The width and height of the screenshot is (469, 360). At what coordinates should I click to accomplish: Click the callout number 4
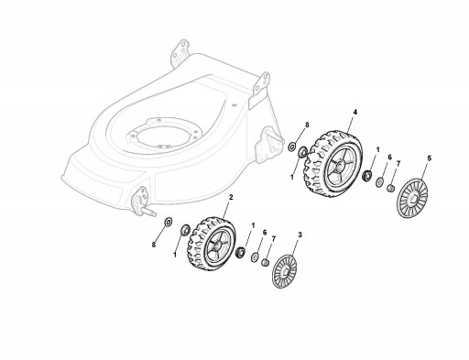pyautogui.click(x=354, y=112)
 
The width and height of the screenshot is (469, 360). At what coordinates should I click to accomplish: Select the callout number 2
pyautogui.click(x=231, y=197)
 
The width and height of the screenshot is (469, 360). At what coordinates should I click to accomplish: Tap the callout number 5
pyautogui.click(x=430, y=158)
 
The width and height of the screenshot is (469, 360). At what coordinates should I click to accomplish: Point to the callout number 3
pyautogui.click(x=300, y=235)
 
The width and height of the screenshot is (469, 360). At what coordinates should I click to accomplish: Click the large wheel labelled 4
pyautogui.click(x=333, y=164)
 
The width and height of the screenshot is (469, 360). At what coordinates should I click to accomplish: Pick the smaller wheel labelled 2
pyautogui.click(x=211, y=244)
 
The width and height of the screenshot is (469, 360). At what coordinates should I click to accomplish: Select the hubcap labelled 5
pyautogui.click(x=411, y=198)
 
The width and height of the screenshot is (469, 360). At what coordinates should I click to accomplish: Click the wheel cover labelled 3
pyautogui.click(x=284, y=271)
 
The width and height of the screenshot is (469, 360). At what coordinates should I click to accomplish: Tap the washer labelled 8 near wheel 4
pyautogui.click(x=292, y=147)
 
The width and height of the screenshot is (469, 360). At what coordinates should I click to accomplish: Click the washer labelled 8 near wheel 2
pyautogui.click(x=169, y=222)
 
